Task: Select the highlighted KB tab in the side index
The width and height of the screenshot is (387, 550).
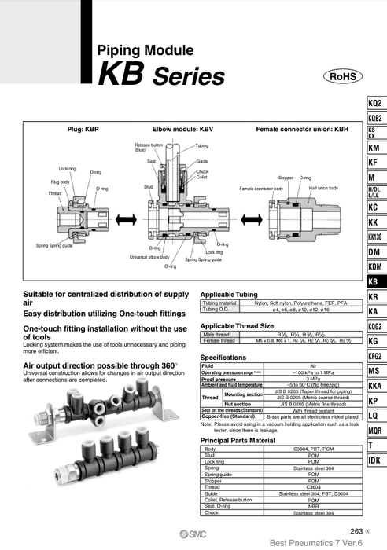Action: tap(375, 281)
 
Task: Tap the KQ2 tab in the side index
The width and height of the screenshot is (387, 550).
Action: tap(375, 103)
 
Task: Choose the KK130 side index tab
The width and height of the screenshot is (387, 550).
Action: tap(375, 236)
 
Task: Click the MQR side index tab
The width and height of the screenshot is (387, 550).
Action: tap(375, 430)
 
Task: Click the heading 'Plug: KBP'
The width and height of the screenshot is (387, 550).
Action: tap(83, 127)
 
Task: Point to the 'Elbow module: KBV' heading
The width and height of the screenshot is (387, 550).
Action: tap(183, 127)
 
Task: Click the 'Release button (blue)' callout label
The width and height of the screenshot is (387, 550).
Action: tap(149, 148)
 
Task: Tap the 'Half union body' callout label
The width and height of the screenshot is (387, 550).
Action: tap(323, 189)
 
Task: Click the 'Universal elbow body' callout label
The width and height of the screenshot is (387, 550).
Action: tap(149, 257)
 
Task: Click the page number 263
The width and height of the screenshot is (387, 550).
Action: tap(351, 532)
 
